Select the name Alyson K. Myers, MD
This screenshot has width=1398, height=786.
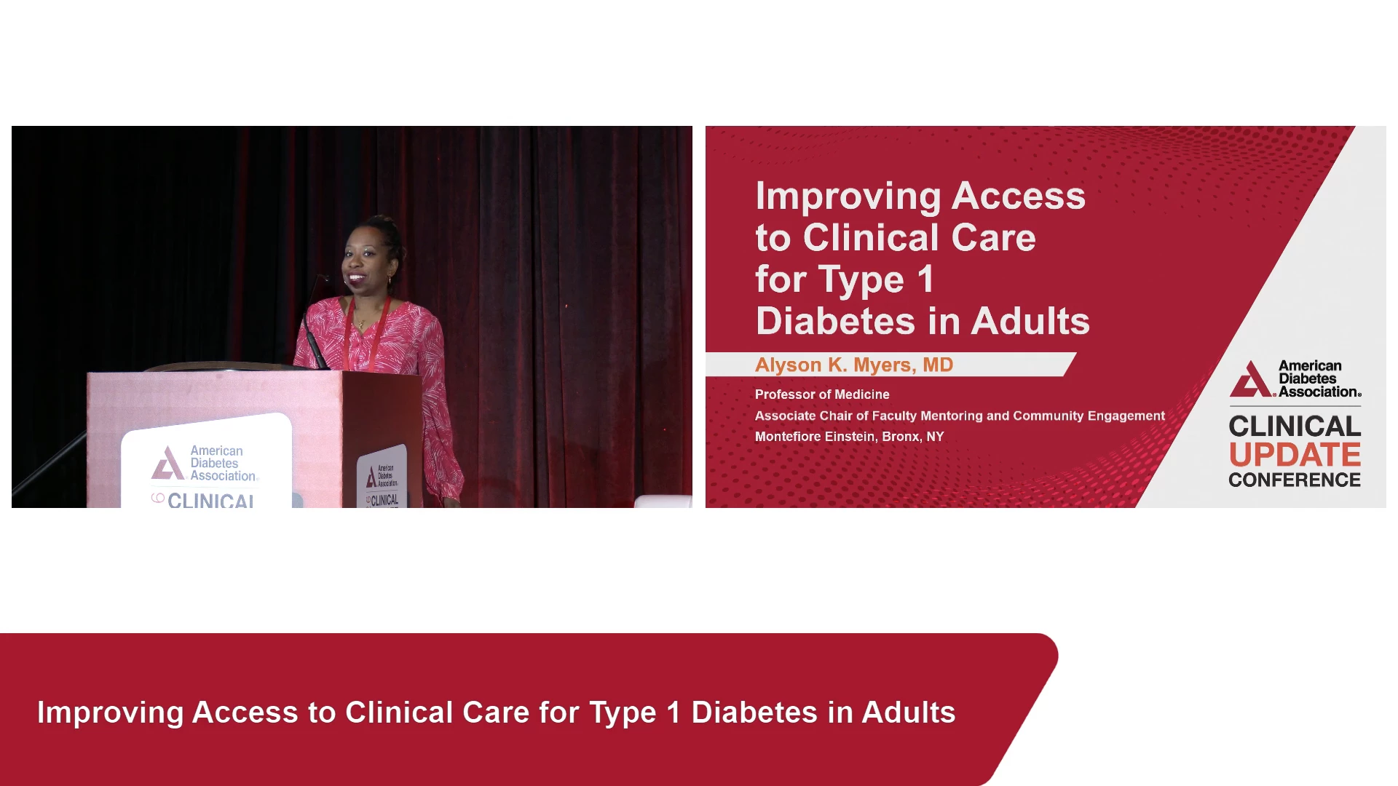[x=854, y=365]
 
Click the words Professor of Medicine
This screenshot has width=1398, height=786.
[x=822, y=394]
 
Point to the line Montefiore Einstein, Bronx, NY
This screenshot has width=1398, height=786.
[x=849, y=437]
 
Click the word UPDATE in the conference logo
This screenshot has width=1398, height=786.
[x=1295, y=455]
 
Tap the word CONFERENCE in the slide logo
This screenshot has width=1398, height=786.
[x=1295, y=480]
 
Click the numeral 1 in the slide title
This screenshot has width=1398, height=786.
[x=925, y=279]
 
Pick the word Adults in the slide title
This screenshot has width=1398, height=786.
[x=1030, y=321]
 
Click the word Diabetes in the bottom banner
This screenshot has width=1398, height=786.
[x=754, y=712]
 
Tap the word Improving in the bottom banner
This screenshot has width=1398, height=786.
[x=110, y=713]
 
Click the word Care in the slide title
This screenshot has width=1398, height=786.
[x=993, y=237]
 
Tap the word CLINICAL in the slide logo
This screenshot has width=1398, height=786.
[x=1295, y=426]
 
